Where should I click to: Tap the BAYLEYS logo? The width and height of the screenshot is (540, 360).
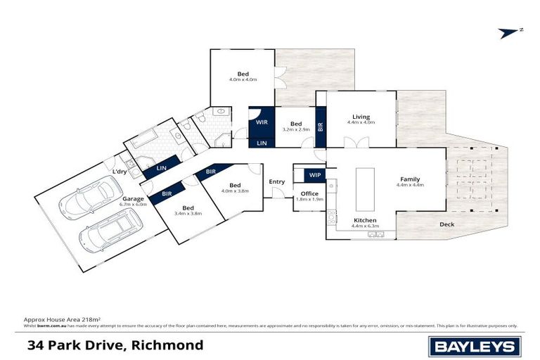coord(475,345)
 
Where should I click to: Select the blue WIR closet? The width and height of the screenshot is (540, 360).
coord(262,122)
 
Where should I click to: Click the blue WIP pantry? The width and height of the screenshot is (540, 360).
coord(314,174)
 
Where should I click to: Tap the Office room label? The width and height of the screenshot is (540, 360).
coord(309,193)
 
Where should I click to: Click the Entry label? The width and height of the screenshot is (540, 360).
coord(277,181)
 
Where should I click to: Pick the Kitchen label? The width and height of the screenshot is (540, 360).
coord(365,221)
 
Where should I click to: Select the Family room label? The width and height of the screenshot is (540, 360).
coord(410,179)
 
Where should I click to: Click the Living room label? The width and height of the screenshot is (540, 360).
coord(361,117)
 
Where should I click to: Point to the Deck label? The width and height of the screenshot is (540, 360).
coord(446,225)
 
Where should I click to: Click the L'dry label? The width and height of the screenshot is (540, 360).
coord(120,172)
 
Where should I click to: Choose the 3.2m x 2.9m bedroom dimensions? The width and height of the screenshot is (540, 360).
coord(296,129)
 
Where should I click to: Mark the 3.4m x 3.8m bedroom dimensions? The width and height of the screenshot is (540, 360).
coord(188,213)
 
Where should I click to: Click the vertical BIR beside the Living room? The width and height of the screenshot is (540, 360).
coord(321,127)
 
